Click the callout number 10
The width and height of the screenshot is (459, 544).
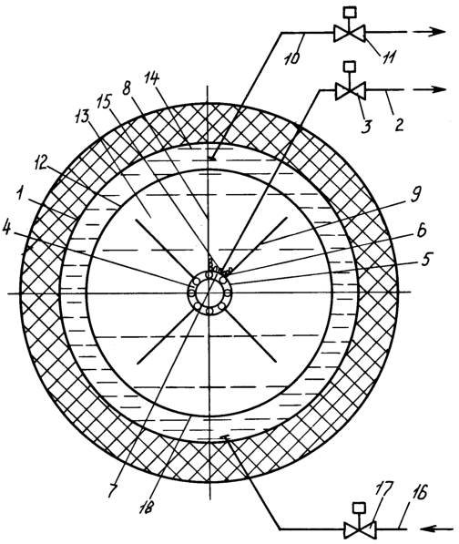click(292, 57)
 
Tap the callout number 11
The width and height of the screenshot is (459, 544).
click(388, 56)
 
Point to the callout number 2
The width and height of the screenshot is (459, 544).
click(399, 124)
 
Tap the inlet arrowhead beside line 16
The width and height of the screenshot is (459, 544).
click(429, 529)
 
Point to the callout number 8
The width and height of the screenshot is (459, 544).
click(126, 88)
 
